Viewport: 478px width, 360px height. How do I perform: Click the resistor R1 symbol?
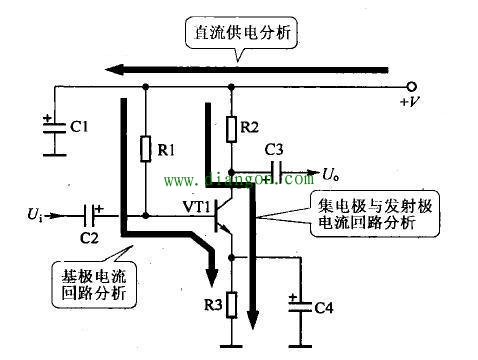point(146,150)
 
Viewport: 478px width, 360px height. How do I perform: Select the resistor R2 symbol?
point(232,127)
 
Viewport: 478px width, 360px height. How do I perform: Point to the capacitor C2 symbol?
point(93,214)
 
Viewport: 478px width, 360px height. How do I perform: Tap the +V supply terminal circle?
point(410,87)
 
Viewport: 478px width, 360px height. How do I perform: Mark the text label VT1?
point(198,206)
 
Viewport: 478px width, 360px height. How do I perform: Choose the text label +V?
point(409,103)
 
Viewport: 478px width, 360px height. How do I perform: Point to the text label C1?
point(82,127)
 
